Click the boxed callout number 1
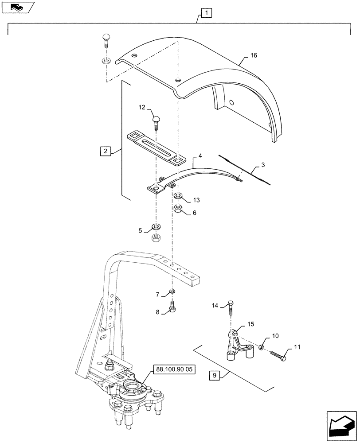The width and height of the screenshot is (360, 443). pyautogui.click(x=207, y=13)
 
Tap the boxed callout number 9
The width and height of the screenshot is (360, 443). pyautogui.click(x=214, y=376)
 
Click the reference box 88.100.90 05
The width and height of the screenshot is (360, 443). pyautogui.click(x=174, y=369)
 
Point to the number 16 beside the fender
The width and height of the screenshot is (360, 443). pyautogui.click(x=254, y=55)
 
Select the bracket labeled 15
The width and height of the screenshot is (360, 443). pyautogui.click(x=236, y=343)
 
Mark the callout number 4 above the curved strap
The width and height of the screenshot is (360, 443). pyautogui.click(x=200, y=156)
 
